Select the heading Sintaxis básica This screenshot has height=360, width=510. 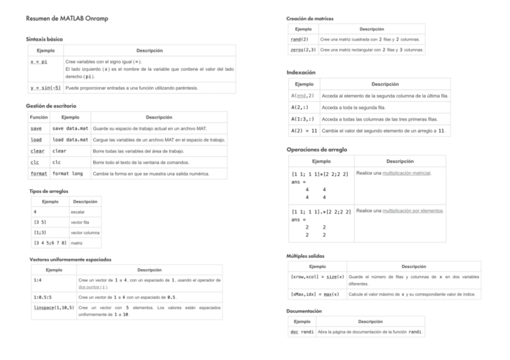pyautogui.click(x=45, y=39)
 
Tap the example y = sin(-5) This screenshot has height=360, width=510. pyautogui.click(x=45, y=88)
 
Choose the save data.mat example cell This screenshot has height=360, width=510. pyautogui.click(x=70, y=129)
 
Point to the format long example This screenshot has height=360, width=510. pyautogui.click(x=67, y=174)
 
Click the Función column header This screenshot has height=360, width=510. pyautogui.click(x=38, y=117)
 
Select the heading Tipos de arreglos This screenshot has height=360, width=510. pyautogui.click(x=49, y=191)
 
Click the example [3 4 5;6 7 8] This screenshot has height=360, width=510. pyautogui.click(x=49, y=243)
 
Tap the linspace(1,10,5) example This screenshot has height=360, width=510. pyautogui.click(x=54, y=308)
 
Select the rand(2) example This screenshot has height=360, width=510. pyautogui.click(x=300, y=39)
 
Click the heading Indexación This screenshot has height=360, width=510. pyautogui.click(x=301, y=72)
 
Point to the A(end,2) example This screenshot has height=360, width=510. pyautogui.click(x=303, y=96)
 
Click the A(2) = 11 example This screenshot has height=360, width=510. pyautogui.click(x=304, y=130)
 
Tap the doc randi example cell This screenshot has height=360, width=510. pyautogui.click(x=302, y=332)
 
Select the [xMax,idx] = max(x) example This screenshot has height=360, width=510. pyautogui.click(x=315, y=294)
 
